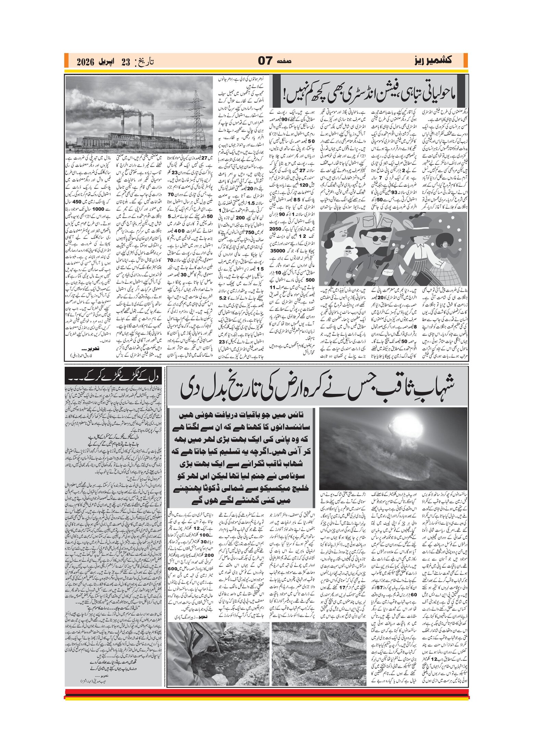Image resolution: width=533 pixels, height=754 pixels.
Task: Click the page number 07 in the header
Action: coord(264,61)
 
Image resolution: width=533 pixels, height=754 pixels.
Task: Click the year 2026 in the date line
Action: coord(85,62)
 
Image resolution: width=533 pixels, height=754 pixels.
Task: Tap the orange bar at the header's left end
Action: coord(66,61)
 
